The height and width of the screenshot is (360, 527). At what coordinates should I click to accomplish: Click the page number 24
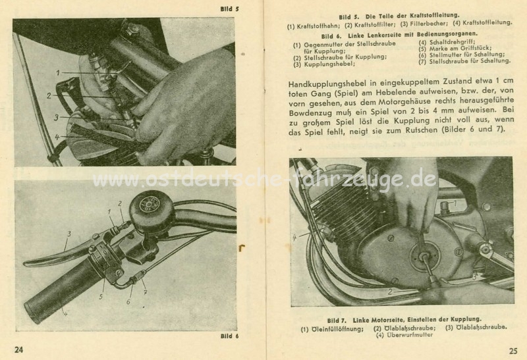[19, 349]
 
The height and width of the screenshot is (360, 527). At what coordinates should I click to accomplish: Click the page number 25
[513, 351]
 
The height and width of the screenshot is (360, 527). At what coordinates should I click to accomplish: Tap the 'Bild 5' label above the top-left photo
[229, 9]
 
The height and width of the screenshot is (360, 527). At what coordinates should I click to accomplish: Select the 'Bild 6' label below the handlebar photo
[229, 336]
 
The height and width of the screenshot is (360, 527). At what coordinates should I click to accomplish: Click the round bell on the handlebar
[152, 213]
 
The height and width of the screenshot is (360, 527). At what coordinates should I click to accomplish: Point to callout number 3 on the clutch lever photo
[69, 234]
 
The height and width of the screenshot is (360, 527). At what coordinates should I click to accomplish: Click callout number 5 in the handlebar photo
[101, 297]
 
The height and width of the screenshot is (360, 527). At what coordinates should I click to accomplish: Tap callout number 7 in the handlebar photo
[145, 292]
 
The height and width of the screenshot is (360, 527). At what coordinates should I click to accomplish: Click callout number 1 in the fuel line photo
[58, 72]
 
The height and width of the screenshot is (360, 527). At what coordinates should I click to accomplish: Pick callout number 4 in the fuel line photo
[57, 137]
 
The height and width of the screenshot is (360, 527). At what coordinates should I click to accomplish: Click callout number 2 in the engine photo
[389, 292]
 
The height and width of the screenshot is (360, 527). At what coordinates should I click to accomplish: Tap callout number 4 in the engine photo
[294, 238]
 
